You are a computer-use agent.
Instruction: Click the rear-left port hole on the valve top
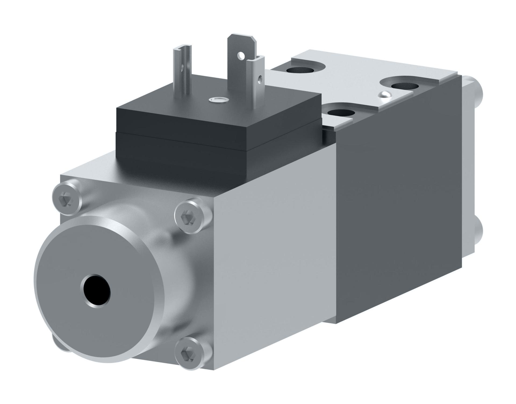[x=300, y=71]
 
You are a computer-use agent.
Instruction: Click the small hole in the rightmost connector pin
[x=260, y=79]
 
